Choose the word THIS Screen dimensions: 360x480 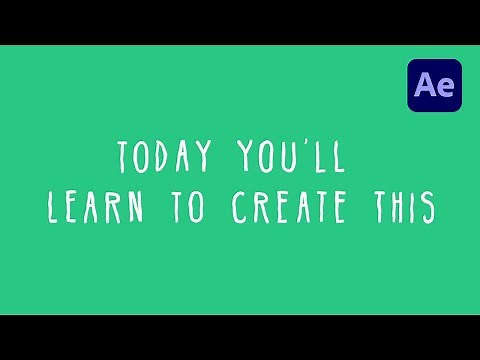401,206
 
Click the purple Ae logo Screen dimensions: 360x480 433,85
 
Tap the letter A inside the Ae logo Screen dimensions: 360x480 424,86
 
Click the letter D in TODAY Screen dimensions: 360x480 167,157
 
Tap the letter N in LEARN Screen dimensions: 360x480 138,206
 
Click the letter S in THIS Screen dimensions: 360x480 428,206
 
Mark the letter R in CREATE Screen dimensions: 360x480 260,206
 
